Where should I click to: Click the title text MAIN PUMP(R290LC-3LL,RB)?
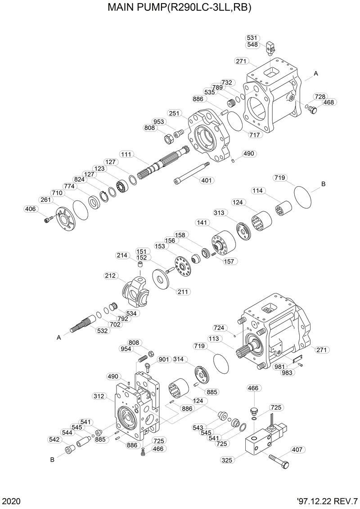pos(180,8)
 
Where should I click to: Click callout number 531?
pos(252,38)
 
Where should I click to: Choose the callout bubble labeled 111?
pos(126,154)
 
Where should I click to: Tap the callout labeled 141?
pos(201,223)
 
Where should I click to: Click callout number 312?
pos(99,396)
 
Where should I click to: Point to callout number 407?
pos(297,449)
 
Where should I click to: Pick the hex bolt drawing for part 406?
pos(48,220)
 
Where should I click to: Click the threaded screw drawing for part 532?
pos(83,324)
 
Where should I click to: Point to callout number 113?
pos(213,339)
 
